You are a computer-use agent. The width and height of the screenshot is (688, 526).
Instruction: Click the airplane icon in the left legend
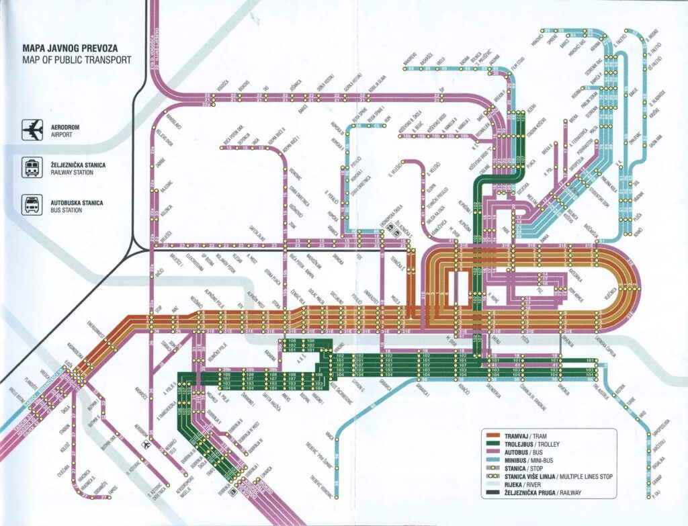[32, 128]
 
